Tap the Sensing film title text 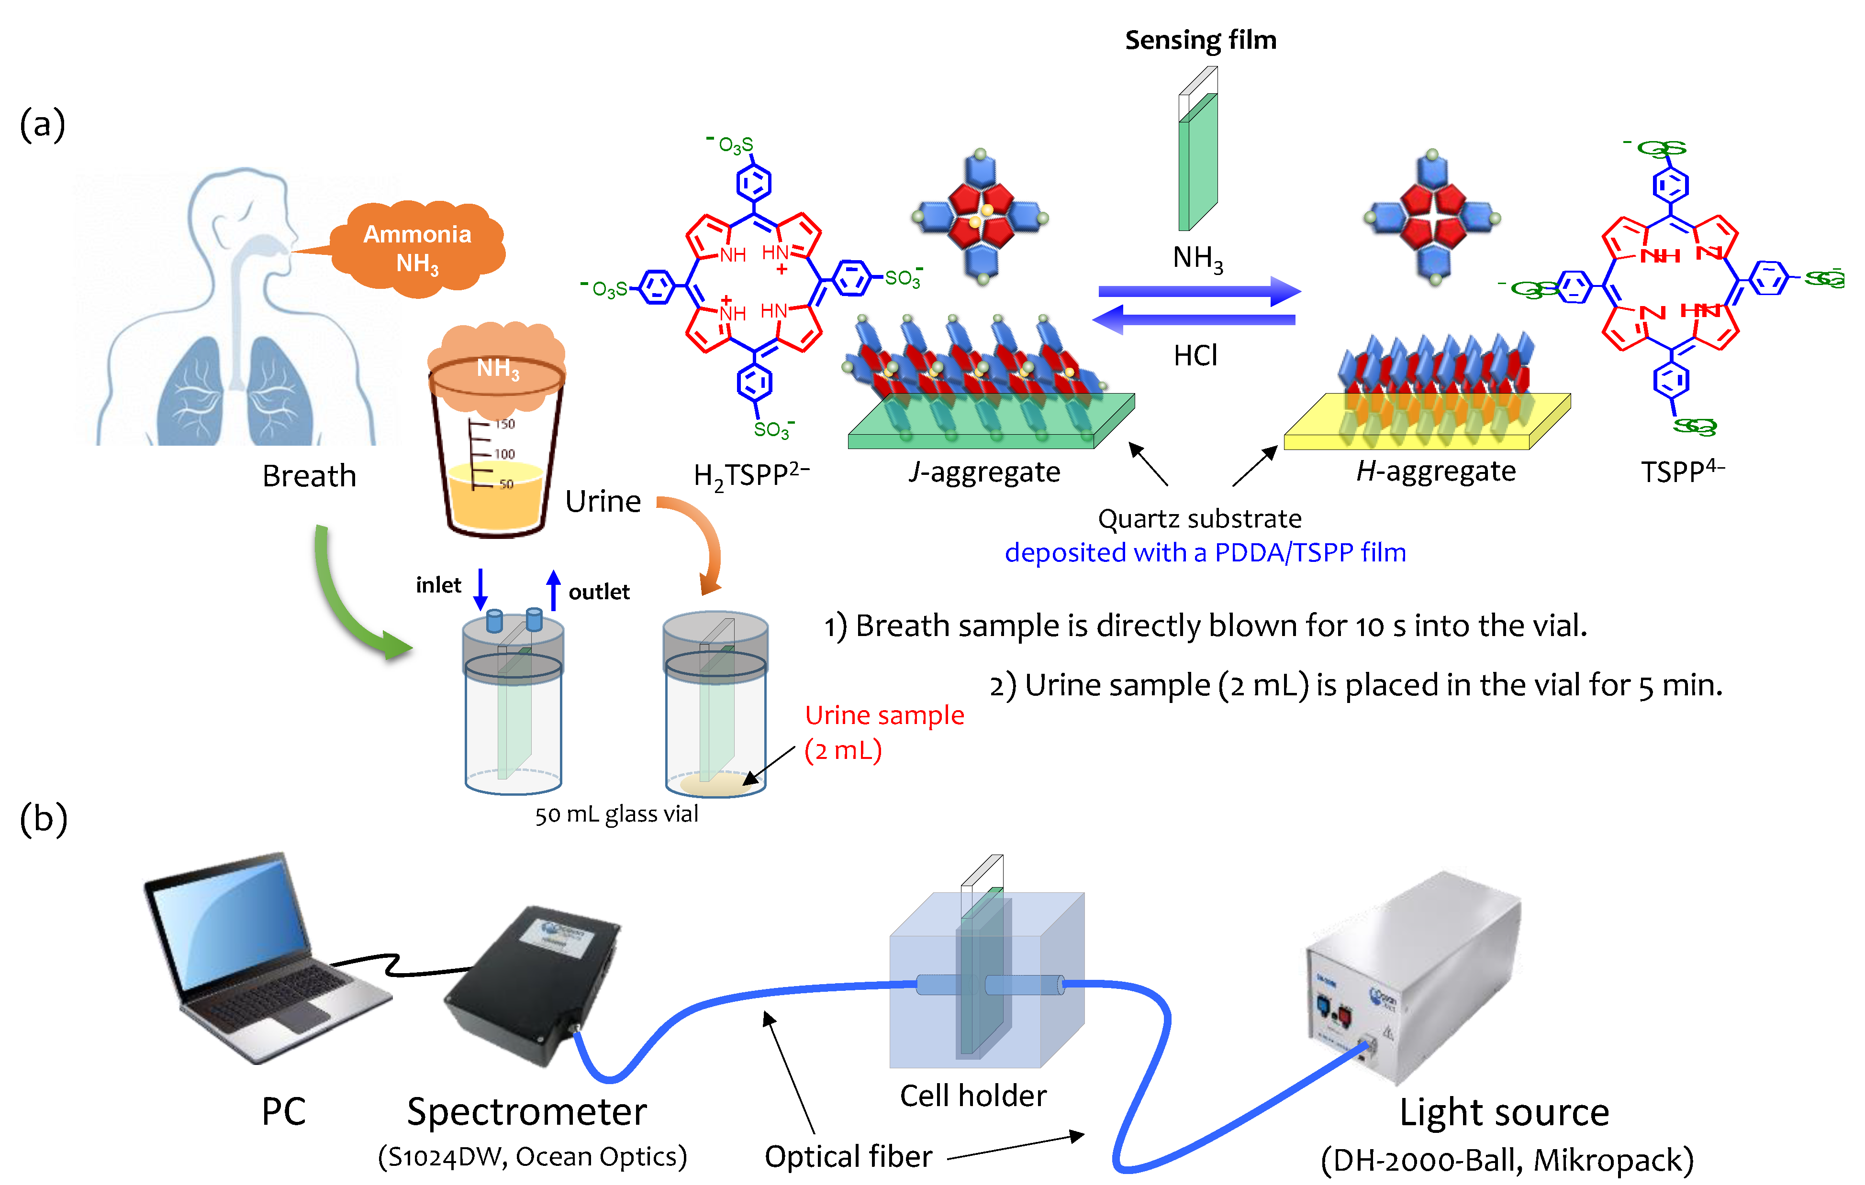click(x=1200, y=40)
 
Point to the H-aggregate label click(x=1435, y=471)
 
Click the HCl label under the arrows click(x=1195, y=355)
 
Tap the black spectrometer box click(x=535, y=983)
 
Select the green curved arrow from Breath click(x=348, y=603)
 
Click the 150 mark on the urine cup click(x=504, y=424)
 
